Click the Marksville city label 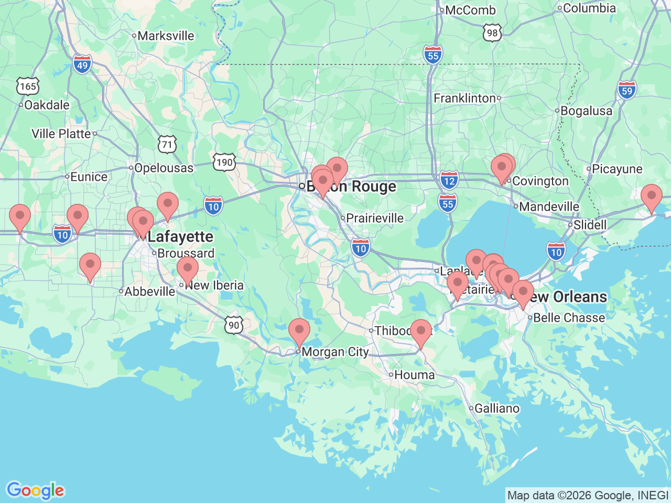click(166, 36)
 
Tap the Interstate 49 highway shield click(82, 65)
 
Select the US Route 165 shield click(28, 86)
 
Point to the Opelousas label click(164, 168)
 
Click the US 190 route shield click(224, 162)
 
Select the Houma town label click(414, 375)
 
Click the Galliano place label click(496, 409)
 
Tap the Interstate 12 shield click(449, 180)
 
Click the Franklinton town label click(464, 99)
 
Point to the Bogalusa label click(586, 111)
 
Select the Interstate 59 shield click(627, 90)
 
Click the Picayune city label click(617, 169)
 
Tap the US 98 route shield click(492, 33)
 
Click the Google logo click(35, 491)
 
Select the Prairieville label click(375, 218)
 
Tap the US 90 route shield click(234, 325)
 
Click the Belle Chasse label click(569, 318)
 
